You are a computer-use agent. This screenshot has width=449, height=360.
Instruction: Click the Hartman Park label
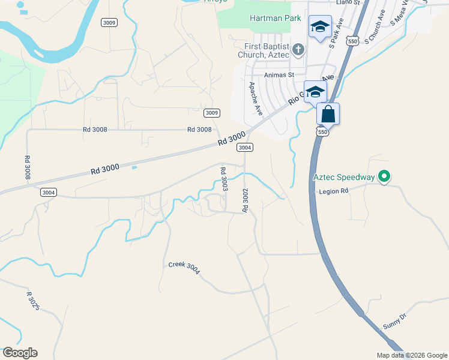point(275,18)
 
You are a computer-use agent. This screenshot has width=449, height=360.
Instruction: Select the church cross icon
point(298,49)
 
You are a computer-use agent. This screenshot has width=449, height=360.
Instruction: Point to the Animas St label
point(274,75)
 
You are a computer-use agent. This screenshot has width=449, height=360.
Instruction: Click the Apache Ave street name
point(256,98)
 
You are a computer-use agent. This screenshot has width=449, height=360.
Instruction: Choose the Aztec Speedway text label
point(343,177)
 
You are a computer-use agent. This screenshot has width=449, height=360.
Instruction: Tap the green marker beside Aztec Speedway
point(384,176)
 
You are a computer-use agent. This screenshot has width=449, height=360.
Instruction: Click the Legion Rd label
point(336,191)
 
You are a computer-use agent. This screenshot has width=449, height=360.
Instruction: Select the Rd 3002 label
point(245,200)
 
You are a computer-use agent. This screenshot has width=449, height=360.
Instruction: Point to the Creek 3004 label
point(184,268)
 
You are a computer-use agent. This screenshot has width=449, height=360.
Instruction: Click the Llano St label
point(348,2)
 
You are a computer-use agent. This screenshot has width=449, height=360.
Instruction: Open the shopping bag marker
point(328,113)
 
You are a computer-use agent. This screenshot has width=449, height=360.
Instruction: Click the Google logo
point(20,353)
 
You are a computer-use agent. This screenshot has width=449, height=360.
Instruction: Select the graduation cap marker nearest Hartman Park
point(320,27)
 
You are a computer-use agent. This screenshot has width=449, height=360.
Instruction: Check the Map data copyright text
point(411,355)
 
